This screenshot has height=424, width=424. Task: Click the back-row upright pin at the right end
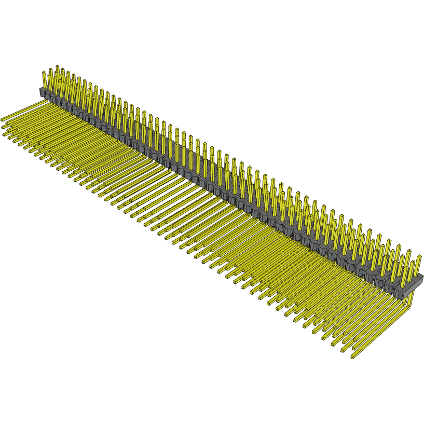418,264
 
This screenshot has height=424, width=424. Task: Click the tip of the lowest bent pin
352,357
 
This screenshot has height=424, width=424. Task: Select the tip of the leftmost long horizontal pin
3,119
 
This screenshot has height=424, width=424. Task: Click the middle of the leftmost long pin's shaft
23,111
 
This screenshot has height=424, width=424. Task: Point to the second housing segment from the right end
390,286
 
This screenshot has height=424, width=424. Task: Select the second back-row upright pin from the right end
408,259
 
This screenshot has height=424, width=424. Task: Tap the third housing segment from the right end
379,282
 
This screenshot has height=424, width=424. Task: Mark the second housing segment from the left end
52,97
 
